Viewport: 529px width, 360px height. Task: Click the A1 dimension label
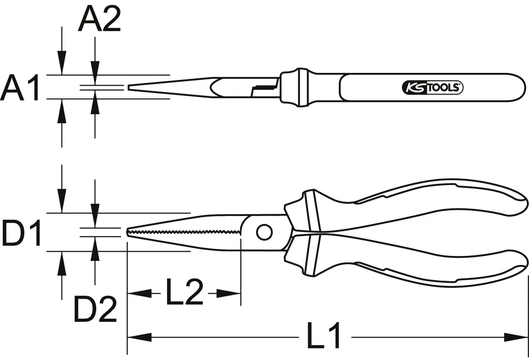click(21, 88)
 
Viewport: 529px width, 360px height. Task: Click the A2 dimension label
click(99, 21)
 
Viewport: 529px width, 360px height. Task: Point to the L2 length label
click(185, 293)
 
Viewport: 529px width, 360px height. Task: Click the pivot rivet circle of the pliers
click(264, 232)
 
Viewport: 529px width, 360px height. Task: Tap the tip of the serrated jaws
click(128, 233)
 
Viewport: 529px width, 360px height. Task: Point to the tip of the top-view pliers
click(129, 87)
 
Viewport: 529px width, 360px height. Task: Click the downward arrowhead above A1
click(62, 67)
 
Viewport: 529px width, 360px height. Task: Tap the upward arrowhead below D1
click(62, 260)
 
